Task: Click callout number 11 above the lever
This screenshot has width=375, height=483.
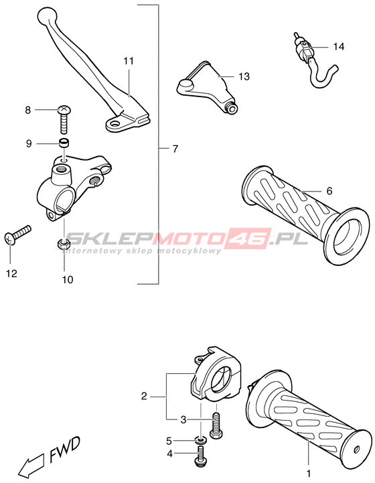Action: (129, 61)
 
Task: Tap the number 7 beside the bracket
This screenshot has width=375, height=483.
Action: (175, 149)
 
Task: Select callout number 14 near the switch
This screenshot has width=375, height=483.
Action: (339, 47)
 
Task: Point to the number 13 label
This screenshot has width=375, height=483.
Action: (244, 76)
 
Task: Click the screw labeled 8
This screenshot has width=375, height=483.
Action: (64, 119)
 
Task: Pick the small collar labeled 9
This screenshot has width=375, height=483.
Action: (64, 143)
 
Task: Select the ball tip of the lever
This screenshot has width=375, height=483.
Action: (48, 14)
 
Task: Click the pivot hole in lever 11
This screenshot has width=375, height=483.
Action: (116, 124)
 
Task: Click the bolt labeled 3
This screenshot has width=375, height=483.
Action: (216, 425)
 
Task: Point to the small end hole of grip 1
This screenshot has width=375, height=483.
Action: (356, 449)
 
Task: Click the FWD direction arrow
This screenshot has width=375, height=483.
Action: (31, 465)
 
